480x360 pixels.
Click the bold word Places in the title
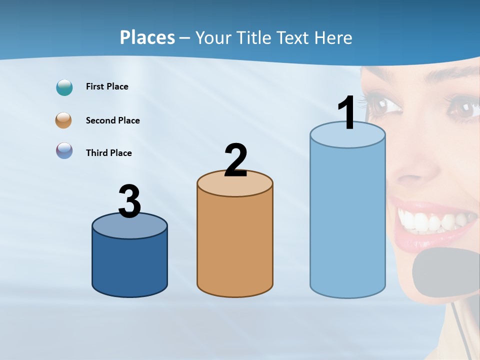[x=147, y=37]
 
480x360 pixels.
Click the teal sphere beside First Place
[x=64, y=87]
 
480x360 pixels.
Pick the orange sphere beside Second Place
[x=64, y=120]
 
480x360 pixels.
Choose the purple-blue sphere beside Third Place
[x=64, y=151]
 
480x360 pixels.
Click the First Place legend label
[x=107, y=86]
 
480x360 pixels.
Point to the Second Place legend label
[x=112, y=120]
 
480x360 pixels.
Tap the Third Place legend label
[x=108, y=153]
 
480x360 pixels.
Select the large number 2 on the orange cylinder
[x=235, y=160]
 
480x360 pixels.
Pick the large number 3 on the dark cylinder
[x=129, y=201]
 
